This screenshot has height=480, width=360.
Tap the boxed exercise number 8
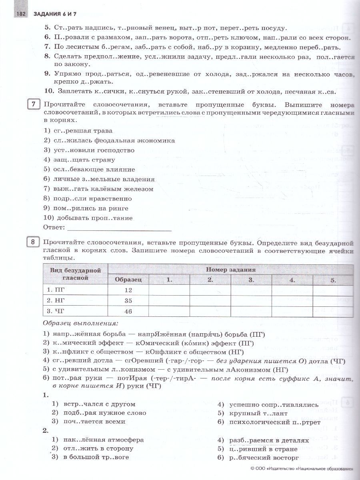click(34, 243)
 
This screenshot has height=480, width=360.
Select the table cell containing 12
click(128, 290)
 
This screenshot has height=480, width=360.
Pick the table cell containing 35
click(128, 300)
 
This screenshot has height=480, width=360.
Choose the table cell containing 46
click(128, 311)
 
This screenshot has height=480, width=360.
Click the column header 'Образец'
click(128, 280)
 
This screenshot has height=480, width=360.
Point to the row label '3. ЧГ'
click(56, 311)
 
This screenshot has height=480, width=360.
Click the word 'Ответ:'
click(54, 228)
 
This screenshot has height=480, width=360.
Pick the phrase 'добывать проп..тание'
click(88, 218)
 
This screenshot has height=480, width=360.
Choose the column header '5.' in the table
click(333, 280)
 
